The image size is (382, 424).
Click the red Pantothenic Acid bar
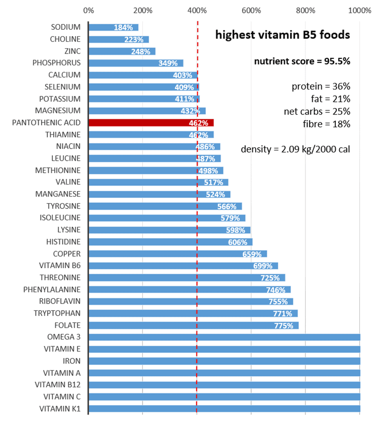151,123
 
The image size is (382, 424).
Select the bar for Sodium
113,27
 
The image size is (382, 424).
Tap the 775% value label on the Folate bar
284,326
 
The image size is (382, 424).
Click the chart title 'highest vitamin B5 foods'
282,35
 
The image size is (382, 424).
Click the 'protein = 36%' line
321,86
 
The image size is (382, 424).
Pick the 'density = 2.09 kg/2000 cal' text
295,149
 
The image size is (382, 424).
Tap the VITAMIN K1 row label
60,409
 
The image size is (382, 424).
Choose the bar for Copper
177,254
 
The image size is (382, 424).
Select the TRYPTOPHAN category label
57,313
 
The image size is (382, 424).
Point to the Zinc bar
122,51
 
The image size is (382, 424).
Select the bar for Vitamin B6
183,266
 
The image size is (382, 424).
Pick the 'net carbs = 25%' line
317,111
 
